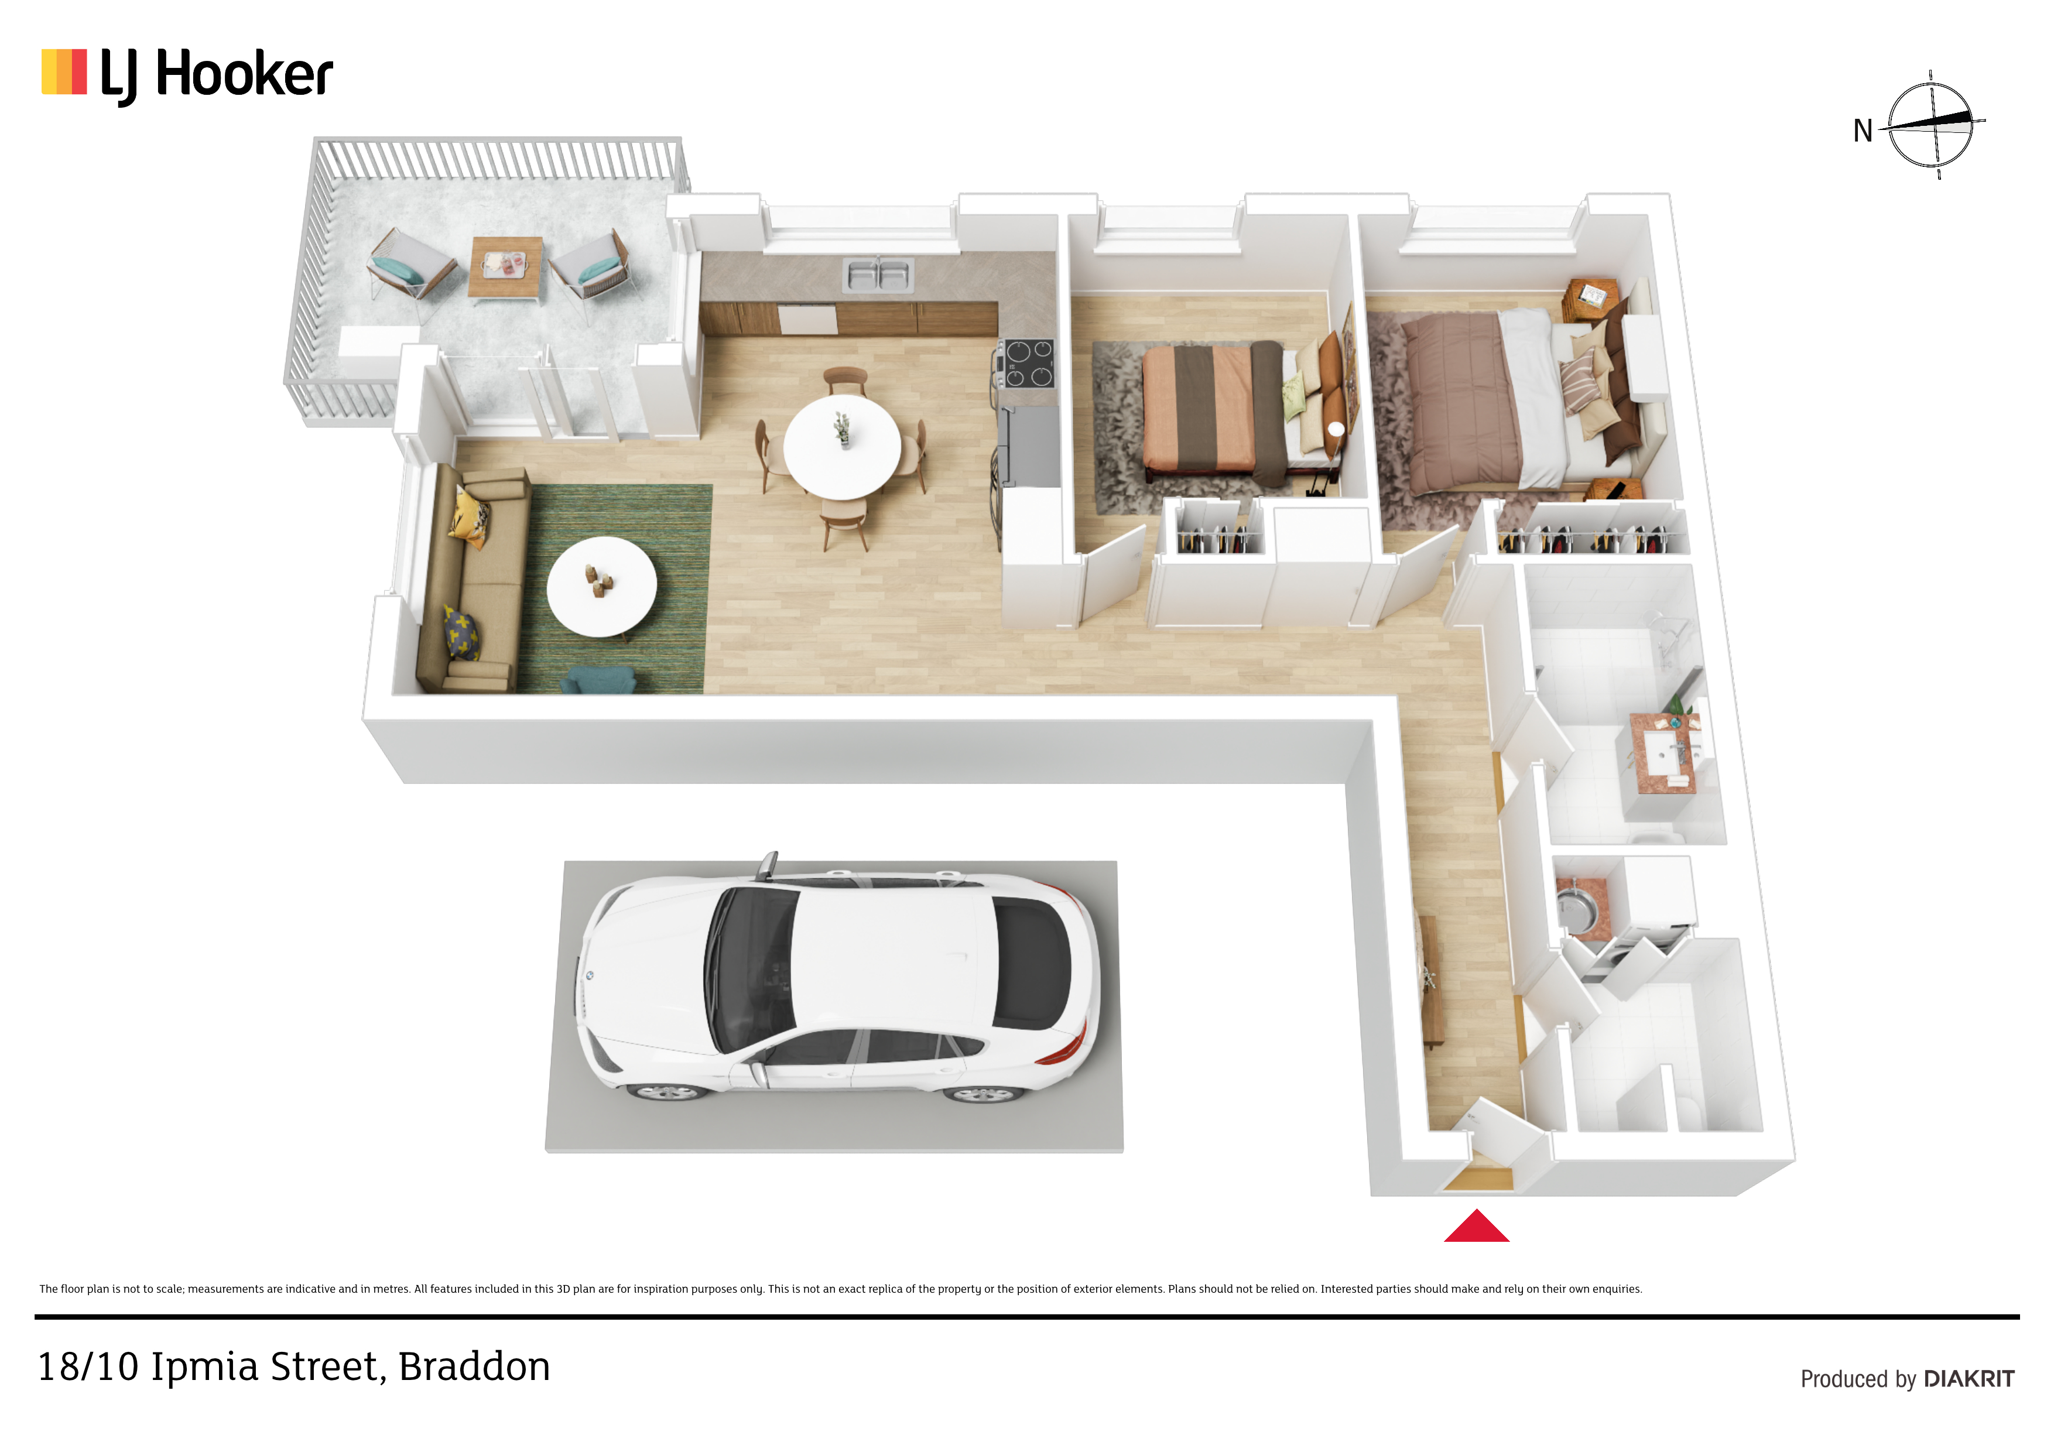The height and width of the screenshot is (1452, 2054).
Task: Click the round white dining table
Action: pos(842,446)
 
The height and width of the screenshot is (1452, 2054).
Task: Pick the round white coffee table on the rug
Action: pos(601,587)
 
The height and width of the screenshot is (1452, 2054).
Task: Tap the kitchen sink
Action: pos(878,275)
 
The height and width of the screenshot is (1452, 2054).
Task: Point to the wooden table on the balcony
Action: pos(505,268)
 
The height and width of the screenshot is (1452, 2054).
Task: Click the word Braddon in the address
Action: pos(474,1367)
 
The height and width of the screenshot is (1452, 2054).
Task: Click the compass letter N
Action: pos(1863,132)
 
